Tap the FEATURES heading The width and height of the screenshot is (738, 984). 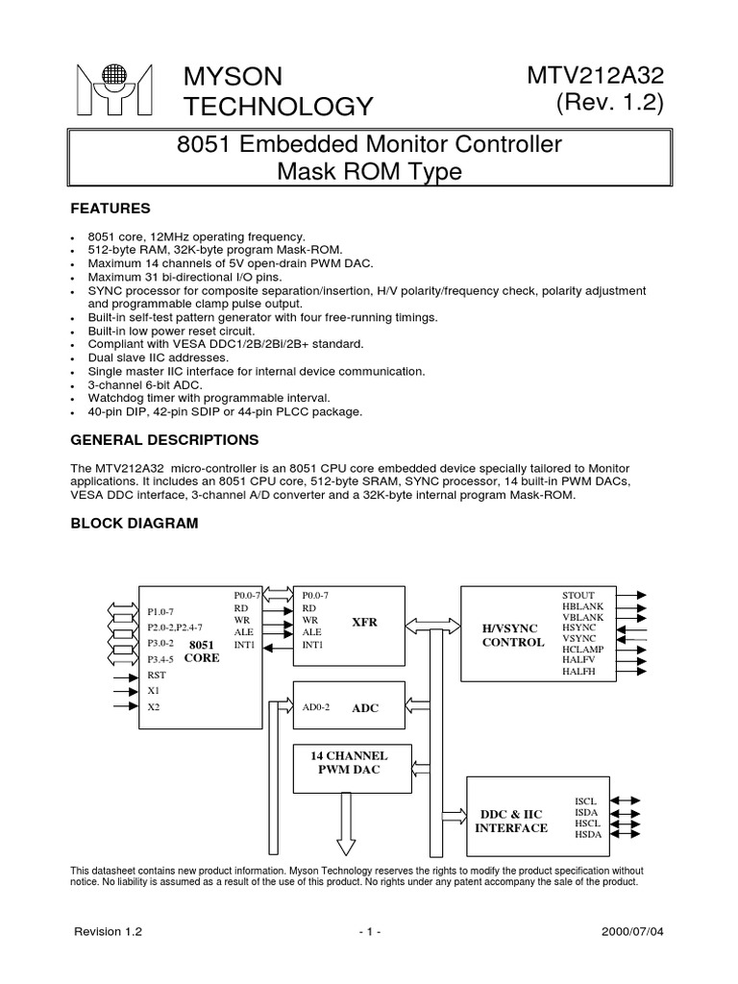(110, 208)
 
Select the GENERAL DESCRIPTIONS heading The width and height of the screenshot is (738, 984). (164, 440)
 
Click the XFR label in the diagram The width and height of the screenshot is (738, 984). (364, 622)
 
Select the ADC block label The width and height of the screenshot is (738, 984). (365, 707)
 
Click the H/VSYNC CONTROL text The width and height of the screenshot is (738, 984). (512, 634)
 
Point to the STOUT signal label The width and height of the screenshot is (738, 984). (578, 595)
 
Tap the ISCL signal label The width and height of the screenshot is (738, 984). (586, 800)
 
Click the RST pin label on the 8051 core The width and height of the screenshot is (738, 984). (156, 675)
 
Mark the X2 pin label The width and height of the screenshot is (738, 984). (154, 706)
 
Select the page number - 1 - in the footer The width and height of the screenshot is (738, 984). (368, 932)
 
